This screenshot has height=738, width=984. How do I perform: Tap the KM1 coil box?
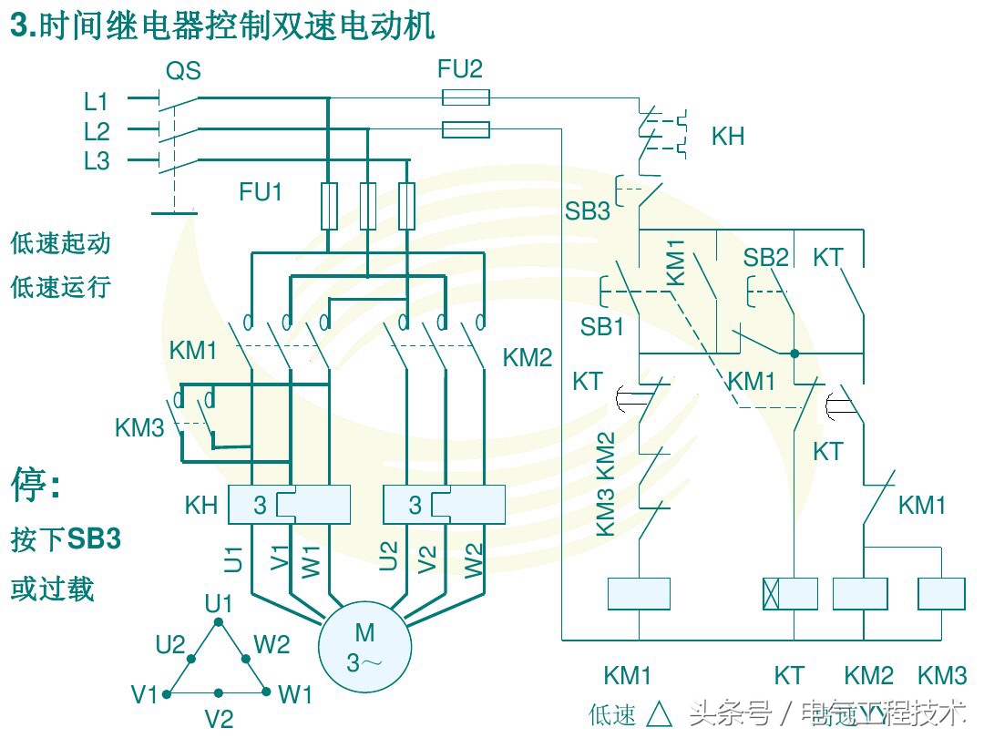(x=639, y=593)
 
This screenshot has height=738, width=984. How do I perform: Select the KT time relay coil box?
(x=790, y=593)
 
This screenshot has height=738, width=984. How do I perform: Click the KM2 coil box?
(x=860, y=593)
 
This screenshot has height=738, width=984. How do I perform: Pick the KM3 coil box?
(x=941, y=593)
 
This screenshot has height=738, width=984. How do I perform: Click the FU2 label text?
(x=461, y=69)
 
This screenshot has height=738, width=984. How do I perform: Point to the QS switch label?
(x=183, y=70)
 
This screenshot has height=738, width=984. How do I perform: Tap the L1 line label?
(x=97, y=100)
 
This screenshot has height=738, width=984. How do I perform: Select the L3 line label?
(x=97, y=161)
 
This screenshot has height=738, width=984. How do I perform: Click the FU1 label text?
(x=261, y=192)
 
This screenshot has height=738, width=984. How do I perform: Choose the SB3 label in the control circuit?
(x=588, y=211)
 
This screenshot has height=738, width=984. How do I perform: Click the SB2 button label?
(x=765, y=258)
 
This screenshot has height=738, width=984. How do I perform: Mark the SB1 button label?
(x=602, y=326)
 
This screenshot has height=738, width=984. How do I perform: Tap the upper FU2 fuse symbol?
(x=466, y=97)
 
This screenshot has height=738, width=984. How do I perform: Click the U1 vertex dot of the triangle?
(x=218, y=622)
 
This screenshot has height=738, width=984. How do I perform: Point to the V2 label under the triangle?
(x=219, y=719)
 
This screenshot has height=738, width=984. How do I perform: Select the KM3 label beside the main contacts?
(x=139, y=427)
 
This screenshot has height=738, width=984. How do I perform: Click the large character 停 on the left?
(x=29, y=485)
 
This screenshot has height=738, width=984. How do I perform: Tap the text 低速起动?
(x=60, y=243)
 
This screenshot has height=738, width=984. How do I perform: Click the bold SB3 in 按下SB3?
(x=94, y=539)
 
